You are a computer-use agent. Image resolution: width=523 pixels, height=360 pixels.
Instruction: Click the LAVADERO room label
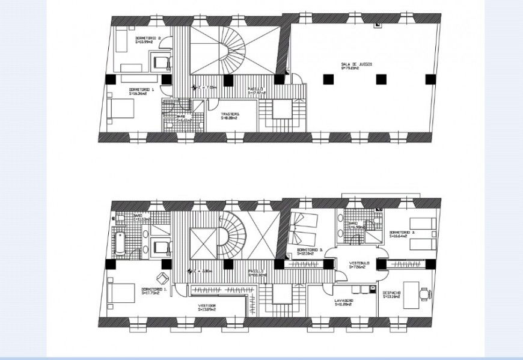click(344, 301)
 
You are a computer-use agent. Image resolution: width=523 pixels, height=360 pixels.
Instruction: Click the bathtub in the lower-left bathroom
click(119, 241)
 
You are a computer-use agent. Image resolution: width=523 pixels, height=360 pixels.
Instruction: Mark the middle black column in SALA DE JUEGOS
click(380, 78)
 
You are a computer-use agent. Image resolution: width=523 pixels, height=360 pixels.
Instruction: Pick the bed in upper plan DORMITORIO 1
click(121, 111)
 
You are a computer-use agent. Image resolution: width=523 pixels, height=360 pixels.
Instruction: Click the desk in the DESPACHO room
click(411, 294)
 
